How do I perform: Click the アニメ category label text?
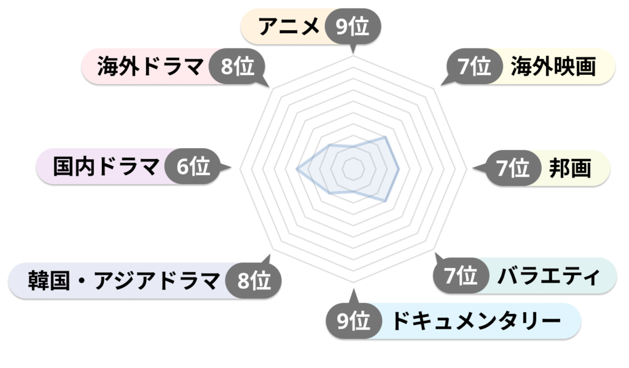point(289,26)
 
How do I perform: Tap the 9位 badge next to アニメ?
point(353,27)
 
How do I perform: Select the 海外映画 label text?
point(553,66)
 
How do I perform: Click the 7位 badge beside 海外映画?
point(474,66)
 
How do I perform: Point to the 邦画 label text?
point(570,168)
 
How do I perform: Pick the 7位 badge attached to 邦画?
point(513,168)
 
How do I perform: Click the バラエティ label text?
point(549,276)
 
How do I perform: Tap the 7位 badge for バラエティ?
point(461,275)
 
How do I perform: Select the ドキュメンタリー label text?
point(475,321)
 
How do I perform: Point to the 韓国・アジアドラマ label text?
point(124,281)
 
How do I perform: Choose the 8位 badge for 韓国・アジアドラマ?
point(254,280)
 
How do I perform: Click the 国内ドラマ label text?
point(106,166)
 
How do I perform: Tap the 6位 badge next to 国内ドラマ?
point(193,166)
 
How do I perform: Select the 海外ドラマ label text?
point(150,66)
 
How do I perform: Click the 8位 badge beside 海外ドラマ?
point(237,66)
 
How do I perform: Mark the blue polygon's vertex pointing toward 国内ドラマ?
point(297,169)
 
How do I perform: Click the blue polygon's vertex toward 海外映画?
point(386,137)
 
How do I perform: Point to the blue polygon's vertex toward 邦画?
point(398,169)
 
